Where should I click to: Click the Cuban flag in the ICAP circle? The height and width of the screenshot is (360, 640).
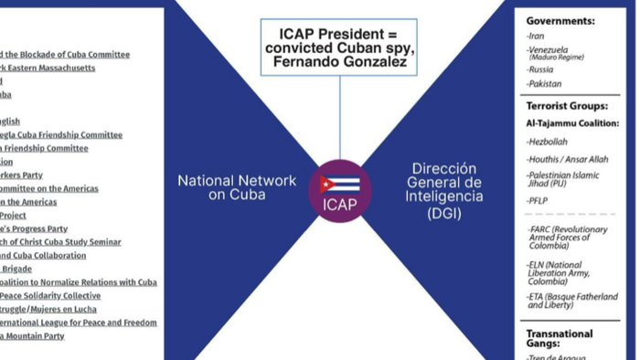339,184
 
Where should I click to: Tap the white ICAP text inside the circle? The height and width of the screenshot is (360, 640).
339,204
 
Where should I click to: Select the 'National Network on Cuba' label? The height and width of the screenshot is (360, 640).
236,187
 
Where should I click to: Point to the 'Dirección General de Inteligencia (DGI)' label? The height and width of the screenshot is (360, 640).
444,191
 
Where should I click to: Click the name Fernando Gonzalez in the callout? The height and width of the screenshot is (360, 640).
338,61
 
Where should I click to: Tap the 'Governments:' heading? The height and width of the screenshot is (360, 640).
560,20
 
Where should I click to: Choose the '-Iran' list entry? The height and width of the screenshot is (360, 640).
537,36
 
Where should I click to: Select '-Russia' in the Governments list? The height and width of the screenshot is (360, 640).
541,69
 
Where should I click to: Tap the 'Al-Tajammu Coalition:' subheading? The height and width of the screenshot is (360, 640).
572,123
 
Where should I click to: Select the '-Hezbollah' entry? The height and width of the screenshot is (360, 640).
549,142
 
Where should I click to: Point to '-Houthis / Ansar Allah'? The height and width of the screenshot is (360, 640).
567,159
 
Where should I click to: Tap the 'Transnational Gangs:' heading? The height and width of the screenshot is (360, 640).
560,339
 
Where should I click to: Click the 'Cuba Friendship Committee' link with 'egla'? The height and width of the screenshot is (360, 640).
61,135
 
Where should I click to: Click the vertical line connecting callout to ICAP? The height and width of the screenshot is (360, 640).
339,119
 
